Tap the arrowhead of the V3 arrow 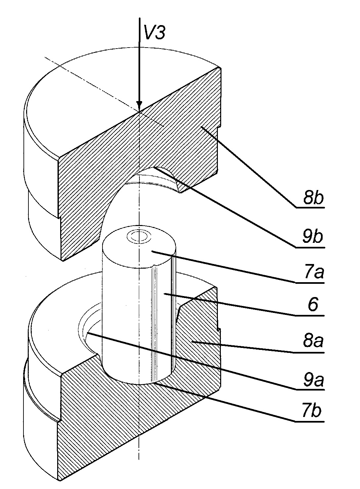tap(139, 107)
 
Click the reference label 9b tap(313, 237)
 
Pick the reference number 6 tap(313, 305)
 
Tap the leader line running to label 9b tap(225, 207)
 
